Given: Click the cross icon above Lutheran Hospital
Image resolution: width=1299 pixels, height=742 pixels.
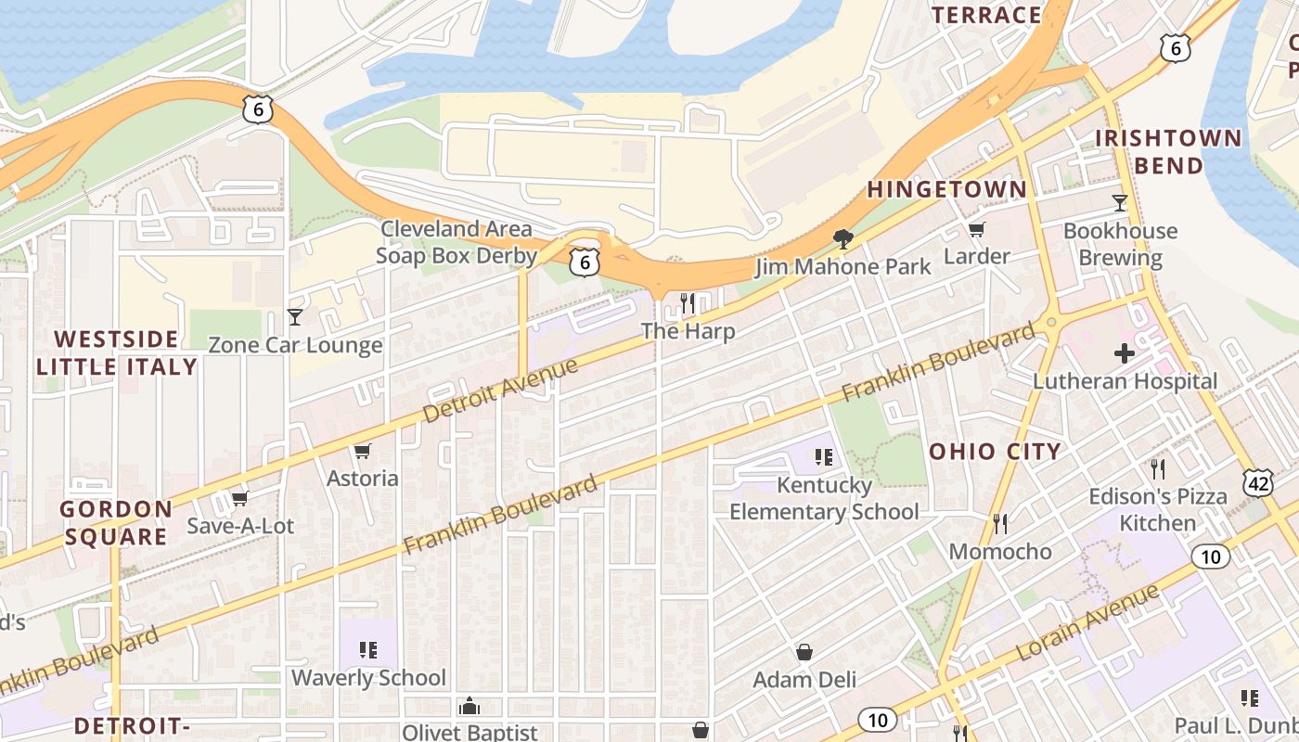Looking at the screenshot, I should click(x=1125, y=352).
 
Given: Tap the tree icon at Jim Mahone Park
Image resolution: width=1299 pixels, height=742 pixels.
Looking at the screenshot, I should click(x=842, y=239).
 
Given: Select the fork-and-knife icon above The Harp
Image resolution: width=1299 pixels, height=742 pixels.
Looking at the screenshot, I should click(x=688, y=302).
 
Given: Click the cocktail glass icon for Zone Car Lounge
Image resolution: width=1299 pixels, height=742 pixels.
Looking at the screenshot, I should click(x=295, y=317).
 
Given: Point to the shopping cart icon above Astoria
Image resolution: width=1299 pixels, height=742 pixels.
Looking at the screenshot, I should click(x=363, y=451).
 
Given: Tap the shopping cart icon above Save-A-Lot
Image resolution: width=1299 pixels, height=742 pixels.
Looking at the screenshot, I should click(x=240, y=498).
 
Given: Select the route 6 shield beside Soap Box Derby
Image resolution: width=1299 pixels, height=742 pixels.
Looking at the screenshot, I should click(x=584, y=262).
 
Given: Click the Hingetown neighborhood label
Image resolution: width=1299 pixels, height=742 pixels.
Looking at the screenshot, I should click(x=946, y=189).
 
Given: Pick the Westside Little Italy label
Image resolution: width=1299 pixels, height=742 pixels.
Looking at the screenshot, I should click(x=117, y=352).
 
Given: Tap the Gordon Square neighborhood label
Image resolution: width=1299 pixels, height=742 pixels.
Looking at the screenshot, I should click(x=117, y=522).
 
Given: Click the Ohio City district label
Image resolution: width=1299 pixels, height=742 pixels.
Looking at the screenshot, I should click(x=995, y=452).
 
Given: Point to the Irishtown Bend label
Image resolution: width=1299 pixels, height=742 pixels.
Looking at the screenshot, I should click(x=1167, y=152).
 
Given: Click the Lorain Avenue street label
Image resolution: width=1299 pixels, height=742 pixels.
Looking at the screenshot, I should click(x=1087, y=622).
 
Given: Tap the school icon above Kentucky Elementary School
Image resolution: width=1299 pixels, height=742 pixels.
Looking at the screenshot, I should click(x=823, y=456).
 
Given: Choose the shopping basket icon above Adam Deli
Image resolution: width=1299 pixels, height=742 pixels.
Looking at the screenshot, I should click(x=804, y=652).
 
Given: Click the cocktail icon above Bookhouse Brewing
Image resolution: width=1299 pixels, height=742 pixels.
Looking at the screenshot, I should click(x=1120, y=202).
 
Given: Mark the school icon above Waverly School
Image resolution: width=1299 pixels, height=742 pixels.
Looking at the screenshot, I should click(x=368, y=649).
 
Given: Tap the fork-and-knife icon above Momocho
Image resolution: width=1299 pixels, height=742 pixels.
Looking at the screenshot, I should click(x=999, y=523).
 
